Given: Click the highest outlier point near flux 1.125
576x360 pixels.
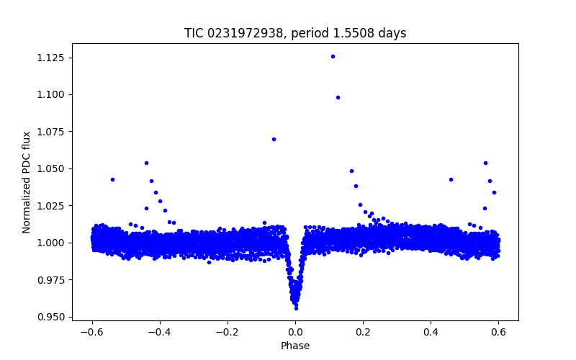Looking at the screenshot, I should tap(333, 56).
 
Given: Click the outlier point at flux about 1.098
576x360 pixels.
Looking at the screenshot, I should tap(338, 97).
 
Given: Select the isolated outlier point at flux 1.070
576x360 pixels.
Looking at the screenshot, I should tap(274, 139).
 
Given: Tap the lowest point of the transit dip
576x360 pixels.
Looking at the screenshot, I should tap(296, 308).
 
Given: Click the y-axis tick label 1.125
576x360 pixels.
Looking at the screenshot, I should tap(57, 58).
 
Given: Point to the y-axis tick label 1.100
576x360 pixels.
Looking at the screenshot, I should tap(57, 94).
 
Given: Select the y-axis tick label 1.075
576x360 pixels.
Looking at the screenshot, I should tap(57, 132).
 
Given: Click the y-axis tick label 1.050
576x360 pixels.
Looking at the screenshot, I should tap(57, 168).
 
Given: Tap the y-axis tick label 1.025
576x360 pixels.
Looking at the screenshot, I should tap(57, 206).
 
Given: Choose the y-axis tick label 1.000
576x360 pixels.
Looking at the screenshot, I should tap(57, 243).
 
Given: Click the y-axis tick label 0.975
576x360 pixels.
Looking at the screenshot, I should tap(57, 279).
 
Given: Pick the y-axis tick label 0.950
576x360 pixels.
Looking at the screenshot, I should tap(57, 317).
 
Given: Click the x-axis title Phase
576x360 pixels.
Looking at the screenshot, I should tap(295, 346).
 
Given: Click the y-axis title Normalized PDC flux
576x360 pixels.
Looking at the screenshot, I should tap(27, 181).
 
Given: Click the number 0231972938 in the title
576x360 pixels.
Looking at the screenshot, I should tap(245, 33).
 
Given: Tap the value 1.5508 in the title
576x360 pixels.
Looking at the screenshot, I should tap(359, 33).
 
